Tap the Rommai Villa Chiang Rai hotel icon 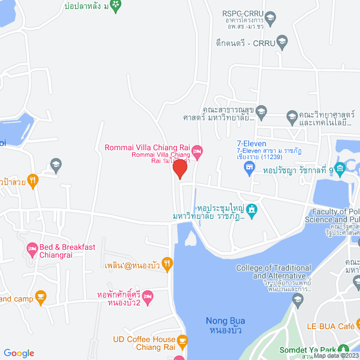point(197,151)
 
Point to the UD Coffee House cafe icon point(182,340)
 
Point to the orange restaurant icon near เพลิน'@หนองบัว point(166,263)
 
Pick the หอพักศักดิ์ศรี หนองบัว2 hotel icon point(148,296)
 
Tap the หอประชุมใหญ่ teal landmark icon point(251,210)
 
